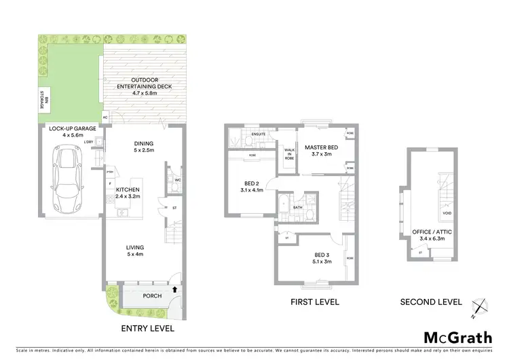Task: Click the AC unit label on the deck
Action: point(105,118)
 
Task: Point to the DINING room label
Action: point(143,143)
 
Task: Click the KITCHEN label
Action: point(128,190)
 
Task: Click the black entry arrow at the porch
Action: point(176,289)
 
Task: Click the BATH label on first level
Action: point(297,208)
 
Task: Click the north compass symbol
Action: point(480,308)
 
